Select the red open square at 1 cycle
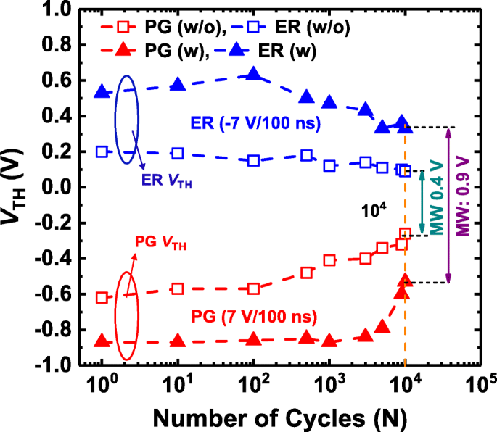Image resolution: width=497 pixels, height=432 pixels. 102,297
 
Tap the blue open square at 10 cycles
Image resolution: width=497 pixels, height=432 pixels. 178,153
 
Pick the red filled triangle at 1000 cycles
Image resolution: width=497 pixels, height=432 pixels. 329,341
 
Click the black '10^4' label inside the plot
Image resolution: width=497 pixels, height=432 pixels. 374,210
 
